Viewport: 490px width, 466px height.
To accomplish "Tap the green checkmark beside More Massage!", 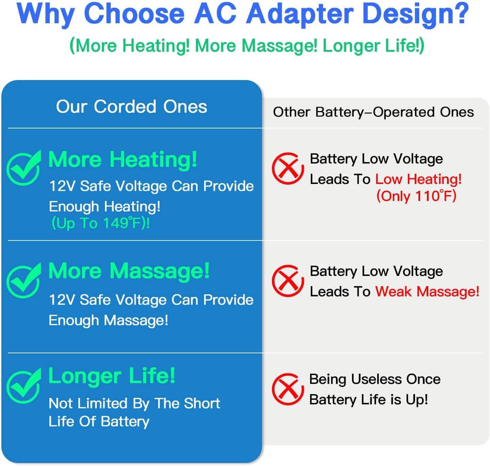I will click(23, 281).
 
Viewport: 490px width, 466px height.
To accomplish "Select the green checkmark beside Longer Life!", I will click(23, 386).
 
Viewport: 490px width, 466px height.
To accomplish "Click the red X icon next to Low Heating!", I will click(288, 169).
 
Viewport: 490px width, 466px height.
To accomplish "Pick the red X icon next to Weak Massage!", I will click(288, 281).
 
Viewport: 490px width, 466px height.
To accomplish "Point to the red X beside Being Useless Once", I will click(288, 389).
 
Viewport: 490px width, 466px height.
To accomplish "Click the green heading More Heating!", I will click(123, 159).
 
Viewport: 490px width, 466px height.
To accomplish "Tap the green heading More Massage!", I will click(129, 271).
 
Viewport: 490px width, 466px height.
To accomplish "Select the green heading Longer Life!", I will click(112, 376).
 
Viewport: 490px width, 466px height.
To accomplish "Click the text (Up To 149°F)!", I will click(101, 223).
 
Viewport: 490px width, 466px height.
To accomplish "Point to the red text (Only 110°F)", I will click(416, 196).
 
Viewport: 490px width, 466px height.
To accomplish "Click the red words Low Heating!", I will click(418, 179).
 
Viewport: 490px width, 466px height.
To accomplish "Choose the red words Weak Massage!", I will click(427, 292).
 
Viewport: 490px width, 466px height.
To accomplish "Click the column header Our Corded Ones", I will click(132, 107).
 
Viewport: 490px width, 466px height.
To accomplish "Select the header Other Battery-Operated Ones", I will click(373, 112).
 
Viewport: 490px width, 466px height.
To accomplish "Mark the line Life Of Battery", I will click(99, 422).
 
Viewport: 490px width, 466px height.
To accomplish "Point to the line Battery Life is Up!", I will click(368, 400).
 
